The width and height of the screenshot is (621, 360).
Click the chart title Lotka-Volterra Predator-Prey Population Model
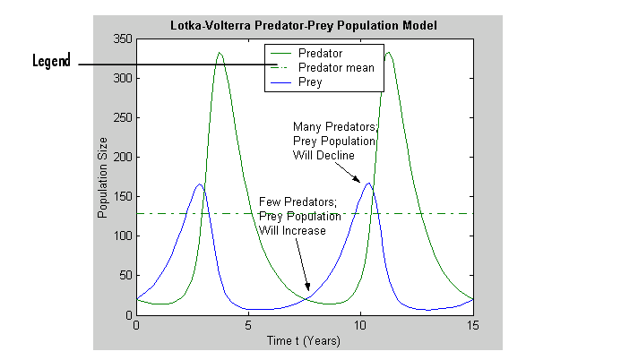tap(303, 24)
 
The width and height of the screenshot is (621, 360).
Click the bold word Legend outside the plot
tap(52, 62)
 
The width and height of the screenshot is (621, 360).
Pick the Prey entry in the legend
tap(310, 81)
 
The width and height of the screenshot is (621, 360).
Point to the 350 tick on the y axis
tap(123, 39)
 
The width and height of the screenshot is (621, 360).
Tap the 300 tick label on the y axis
tap(123, 79)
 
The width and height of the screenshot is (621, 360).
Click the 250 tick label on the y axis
tap(123, 118)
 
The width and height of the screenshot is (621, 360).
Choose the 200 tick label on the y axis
tap(123, 158)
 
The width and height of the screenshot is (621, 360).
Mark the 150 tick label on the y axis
tap(123, 197)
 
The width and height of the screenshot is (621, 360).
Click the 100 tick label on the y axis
tap(123, 236)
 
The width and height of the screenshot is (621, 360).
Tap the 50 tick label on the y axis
tap(125, 276)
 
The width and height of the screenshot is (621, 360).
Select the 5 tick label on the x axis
tap(248, 325)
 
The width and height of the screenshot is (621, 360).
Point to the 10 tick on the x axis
tap(360, 325)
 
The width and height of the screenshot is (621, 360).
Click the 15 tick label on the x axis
tap(472, 325)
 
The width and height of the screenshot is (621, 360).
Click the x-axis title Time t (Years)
tap(304, 339)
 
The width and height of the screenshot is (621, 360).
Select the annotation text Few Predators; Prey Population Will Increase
tap(299, 216)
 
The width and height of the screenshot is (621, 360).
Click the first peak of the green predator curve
tap(220, 53)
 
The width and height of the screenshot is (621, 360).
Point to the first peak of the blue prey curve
tap(200, 184)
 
